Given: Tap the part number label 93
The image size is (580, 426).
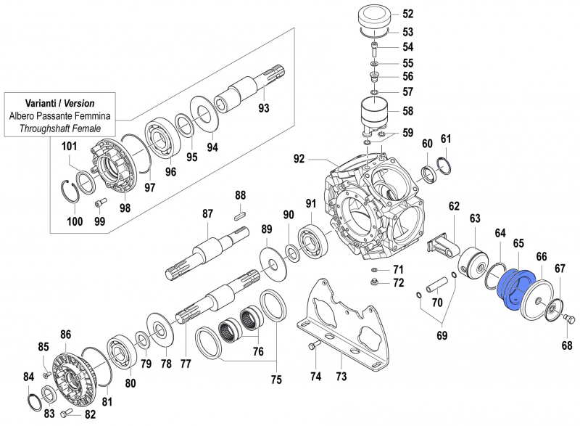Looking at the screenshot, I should [264, 108].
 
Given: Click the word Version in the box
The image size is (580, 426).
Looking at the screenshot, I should [79, 104].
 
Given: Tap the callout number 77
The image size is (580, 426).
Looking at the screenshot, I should [185, 364].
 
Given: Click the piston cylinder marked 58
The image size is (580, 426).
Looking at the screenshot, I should [376, 115].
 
